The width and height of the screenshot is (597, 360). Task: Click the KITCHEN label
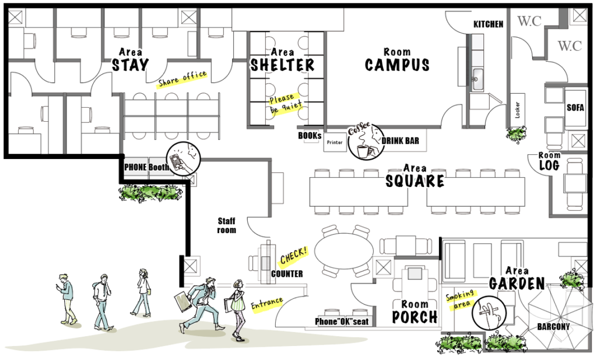coord(488,24)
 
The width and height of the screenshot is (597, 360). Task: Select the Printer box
coord(335,143)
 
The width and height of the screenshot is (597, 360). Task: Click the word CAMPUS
coord(397,65)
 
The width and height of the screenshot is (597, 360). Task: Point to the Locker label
coord(517,110)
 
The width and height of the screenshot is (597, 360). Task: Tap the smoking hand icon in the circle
coord(489,313)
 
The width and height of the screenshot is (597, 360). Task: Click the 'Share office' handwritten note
coord(182,79)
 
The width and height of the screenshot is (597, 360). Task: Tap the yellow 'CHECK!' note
coord(294,255)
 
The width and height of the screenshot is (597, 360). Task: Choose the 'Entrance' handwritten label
coord(267,303)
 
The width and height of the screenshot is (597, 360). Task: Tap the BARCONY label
coord(553,327)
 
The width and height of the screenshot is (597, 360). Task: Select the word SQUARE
coord(415,181)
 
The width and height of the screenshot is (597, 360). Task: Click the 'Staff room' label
coord(227,225)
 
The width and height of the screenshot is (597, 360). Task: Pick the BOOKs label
coord(310,136)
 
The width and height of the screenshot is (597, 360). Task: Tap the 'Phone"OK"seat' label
coord(342,322)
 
